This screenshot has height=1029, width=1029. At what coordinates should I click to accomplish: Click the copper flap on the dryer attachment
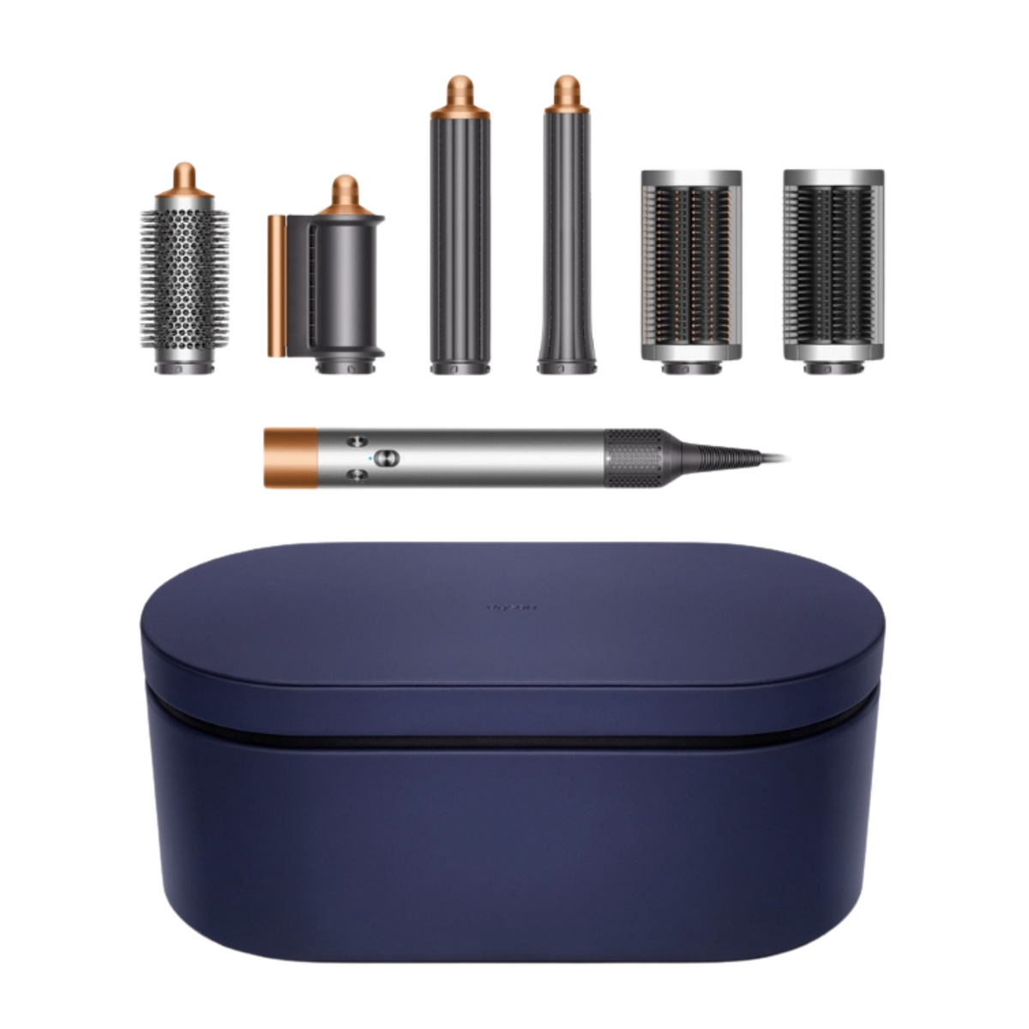276,287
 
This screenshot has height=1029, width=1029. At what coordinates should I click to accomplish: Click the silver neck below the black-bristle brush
827,364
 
